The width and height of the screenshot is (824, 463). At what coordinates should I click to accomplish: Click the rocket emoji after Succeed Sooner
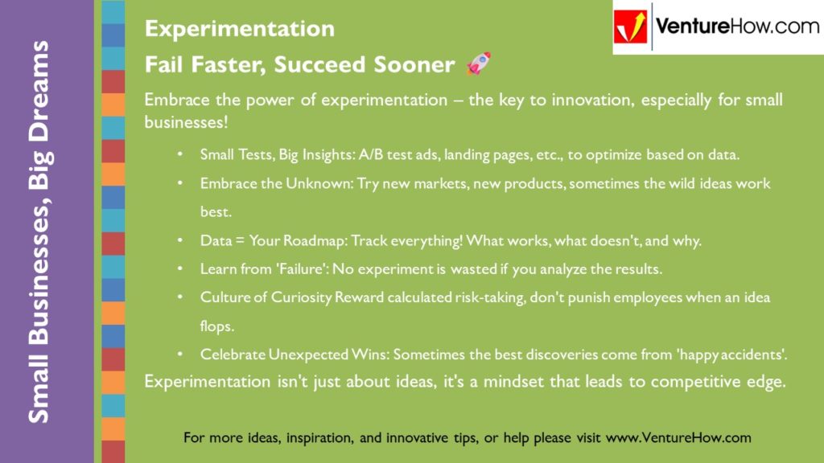coord(479,64)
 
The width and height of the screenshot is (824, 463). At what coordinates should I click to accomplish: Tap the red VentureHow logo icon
coord(630,27)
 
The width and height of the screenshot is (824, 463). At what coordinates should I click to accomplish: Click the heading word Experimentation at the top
coord(240,29)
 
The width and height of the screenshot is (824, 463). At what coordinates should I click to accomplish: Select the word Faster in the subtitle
coord(229,65)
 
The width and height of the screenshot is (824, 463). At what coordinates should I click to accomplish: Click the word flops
coord(217,326)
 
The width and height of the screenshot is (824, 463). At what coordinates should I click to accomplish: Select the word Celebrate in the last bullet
coord(233,354)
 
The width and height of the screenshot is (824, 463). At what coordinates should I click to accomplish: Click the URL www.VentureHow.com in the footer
coord(678,438)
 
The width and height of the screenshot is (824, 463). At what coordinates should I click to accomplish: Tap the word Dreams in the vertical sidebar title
coord(39,92)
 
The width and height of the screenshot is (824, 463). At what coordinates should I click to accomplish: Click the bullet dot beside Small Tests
coord(180,154)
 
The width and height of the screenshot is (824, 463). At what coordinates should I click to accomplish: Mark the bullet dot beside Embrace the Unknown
coord(180,183)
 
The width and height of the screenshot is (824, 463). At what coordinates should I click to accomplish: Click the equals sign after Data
coord(240,241)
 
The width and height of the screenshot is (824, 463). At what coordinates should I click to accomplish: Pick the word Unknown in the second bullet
coord(320,184)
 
